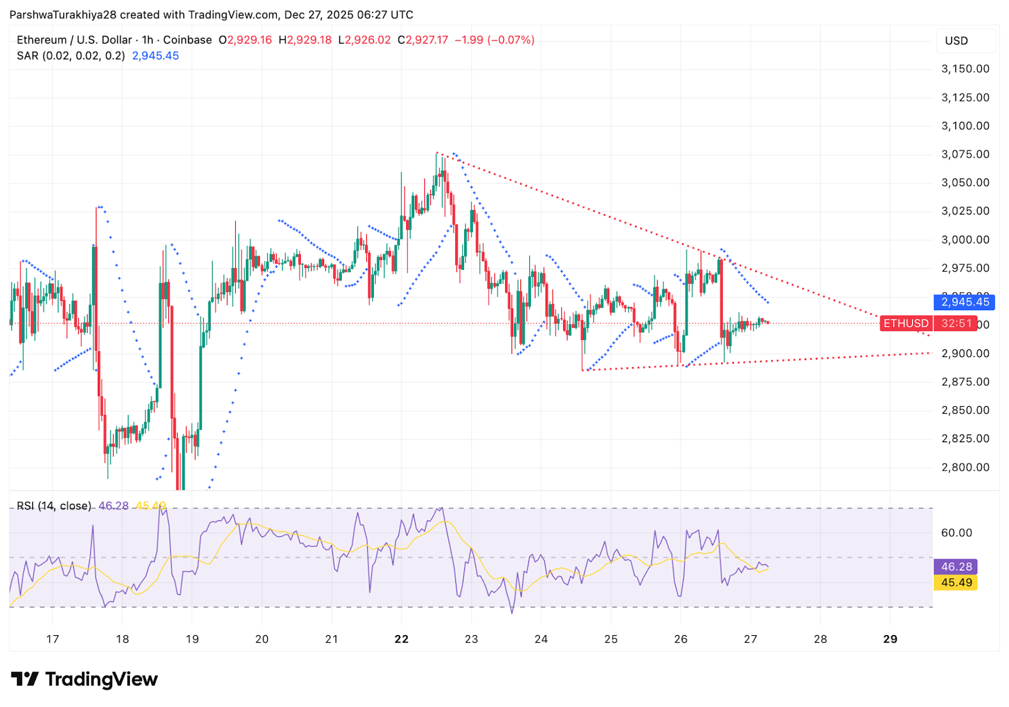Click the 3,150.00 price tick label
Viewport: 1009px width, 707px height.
tap(965, 69)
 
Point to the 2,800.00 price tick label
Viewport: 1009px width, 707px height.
tap(965, 467)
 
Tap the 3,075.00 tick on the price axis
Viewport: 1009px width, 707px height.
tap(965, 155)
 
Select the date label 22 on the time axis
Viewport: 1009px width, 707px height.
tap(401, 639)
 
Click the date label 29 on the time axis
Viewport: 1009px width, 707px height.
tap(890, 639)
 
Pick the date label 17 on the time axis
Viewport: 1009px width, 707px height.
tap(52, 639)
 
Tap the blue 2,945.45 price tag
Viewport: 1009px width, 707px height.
tap(965, 302)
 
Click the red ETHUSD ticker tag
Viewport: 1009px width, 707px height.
tap(906, 324)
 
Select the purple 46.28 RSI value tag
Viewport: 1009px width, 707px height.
tap(956, 567)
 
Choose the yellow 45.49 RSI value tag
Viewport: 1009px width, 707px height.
tap(956, 583)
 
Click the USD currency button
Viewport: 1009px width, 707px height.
tap(956, 41)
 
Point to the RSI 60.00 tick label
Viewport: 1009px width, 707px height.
tap(956, 533)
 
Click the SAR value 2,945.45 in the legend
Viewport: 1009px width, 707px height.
tap(155, 56)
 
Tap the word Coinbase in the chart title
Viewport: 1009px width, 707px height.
tap(187, 40)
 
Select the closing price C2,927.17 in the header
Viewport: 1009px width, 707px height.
tap(423, 40)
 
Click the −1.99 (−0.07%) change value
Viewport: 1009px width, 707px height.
tap(494, 40)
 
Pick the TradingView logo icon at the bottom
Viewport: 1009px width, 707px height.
tap(25, 679)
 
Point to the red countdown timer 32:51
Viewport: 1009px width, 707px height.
tap(956, 324)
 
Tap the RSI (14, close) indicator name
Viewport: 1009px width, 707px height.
tap(54, 506)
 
